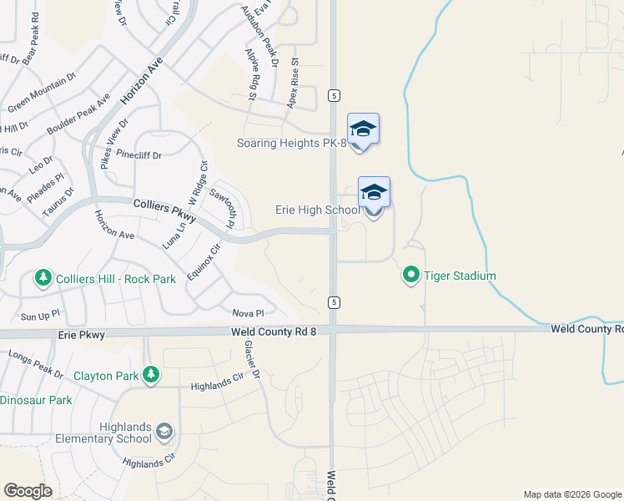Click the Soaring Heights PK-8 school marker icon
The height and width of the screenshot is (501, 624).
click(363, 129)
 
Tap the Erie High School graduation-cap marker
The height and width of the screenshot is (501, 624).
click(374, 194)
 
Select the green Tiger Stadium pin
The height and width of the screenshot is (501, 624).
click(410, 274)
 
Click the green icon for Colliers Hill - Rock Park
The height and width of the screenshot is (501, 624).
click(43, 276)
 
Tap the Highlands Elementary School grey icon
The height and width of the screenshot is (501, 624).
click(165, 431)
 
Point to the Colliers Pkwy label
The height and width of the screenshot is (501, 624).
click(164, 210)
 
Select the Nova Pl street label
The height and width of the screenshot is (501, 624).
click(248, 313)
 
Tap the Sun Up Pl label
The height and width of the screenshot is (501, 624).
click(40, 317)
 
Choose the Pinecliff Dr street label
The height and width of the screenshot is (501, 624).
click(139, 154)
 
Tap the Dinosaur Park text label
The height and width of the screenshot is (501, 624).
click(35, 400)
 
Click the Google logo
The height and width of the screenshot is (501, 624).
click(28, 491)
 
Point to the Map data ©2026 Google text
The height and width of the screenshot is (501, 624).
click(571, 494)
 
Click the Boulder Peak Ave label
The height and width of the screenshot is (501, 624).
click(79, 115)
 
